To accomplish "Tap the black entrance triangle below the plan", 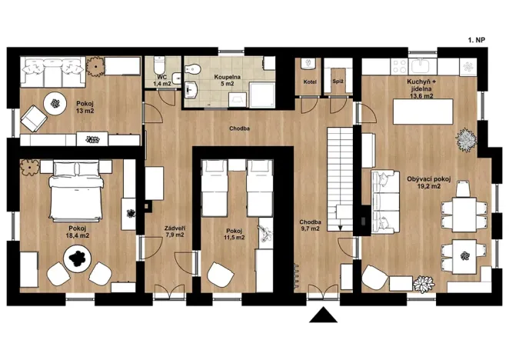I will pos(321,315).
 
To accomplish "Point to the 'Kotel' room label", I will pos(310,81).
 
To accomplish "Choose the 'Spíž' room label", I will pos(337,81).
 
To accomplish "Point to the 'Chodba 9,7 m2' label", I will pos(311,225).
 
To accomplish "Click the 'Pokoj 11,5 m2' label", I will pos(235,234).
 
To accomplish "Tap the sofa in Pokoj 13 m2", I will pos(52,69).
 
